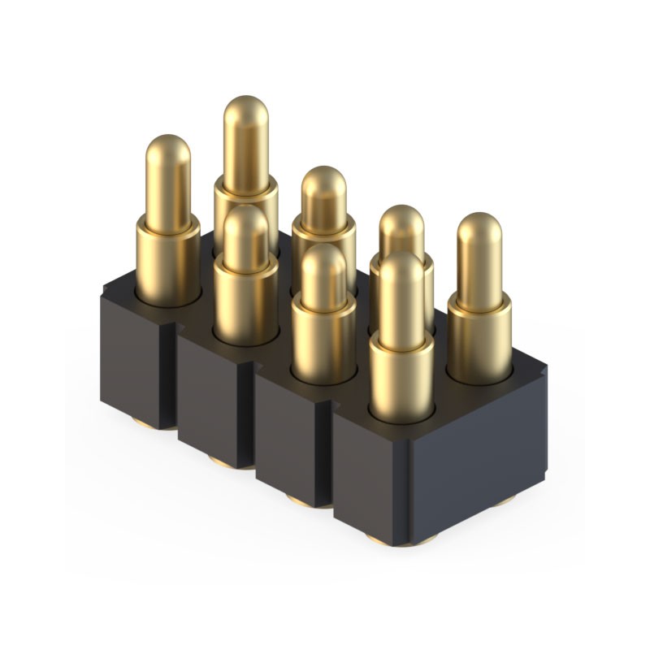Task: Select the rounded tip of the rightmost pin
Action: pos(479,230)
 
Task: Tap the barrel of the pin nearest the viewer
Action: pos(401,378)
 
